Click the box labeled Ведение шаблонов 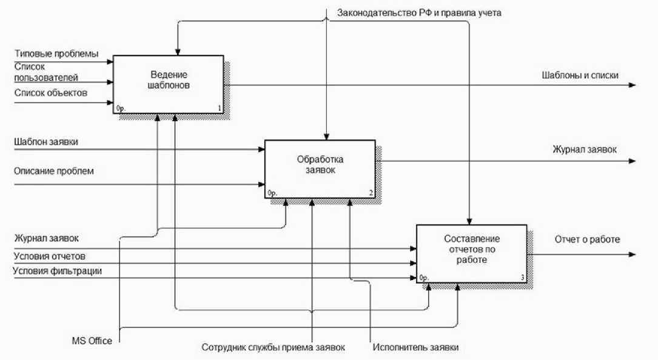pyautogui.click(x=168, y=84)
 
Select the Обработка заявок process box pyautogui.click(x=320, y=169)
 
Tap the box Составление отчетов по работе pyautogui.click(x=472, y=254)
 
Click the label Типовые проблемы pyautogui.click(x=56, y=54)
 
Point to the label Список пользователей pyautogui.click(x=46, y=72)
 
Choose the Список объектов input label pyautogui.click(x=51, y=93)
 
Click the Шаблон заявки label pyautogui.click(x=46, y=142)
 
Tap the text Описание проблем pyautogui.click(x=54, y=171)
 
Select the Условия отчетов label pyautogui.click(x=50, y=256)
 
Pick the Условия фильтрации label pyautogui.click(x=57, y=271)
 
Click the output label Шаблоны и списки pyautogui.click(x=580, y=76)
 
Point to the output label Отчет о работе pyautogui.click(x=587, y=239)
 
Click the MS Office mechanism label pyautogui.click(x=92, y=341)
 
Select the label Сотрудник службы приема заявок pyautogui.click(x=273, y=347)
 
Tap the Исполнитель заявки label pyautogui.click(x=415, y=347)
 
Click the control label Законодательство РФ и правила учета pyautogui.click(x=419, y=13)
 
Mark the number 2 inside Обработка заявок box pyautogui.click(x=371, y=193)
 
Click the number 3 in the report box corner pyautogui.click(x=522, y=278)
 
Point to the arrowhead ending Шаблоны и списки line pyautogui.click(x=633, y=85)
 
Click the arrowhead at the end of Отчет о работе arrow pyautogui.click(x=633, y=255)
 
